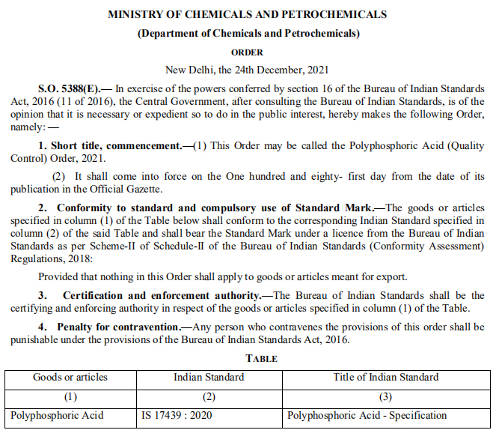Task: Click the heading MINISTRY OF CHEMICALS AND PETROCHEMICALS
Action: tap(248, 14)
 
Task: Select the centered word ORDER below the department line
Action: tap(248, 52)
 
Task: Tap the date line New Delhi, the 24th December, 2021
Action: tap(248, 70)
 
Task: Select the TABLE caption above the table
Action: tap(248, 358)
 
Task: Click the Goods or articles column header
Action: tap(70, 377)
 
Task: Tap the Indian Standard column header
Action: tap(209, 377)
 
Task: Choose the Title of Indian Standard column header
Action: tap(386, 377)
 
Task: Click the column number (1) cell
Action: tap(70, 396)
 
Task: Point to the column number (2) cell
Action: tap(209, 396)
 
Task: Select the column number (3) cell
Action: tap(386, 396)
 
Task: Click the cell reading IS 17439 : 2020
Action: tap(176, 415)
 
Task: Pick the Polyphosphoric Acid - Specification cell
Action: tap(367, 415)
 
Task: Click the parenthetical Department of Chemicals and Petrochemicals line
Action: tap(248, 34)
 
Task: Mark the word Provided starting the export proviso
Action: tap(59, 276)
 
